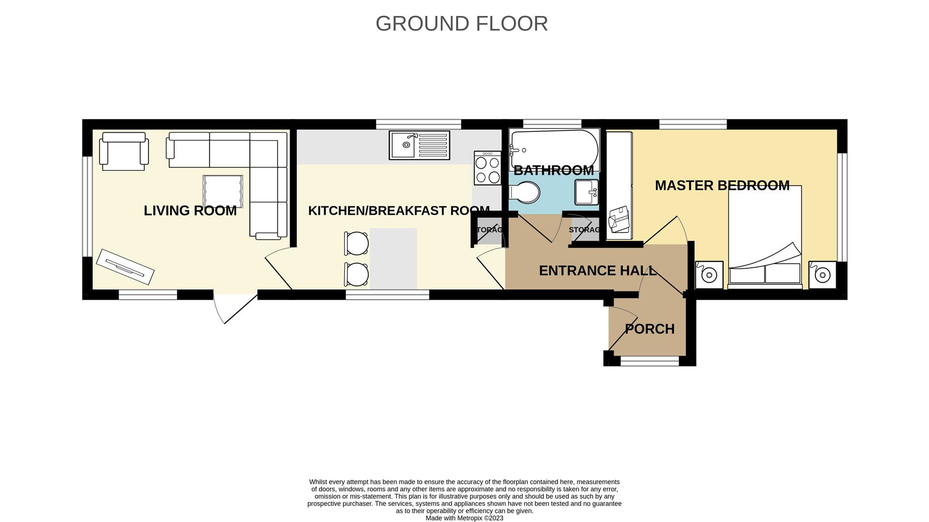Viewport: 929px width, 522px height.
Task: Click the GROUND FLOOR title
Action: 461,24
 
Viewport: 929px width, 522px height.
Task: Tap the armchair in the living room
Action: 123,151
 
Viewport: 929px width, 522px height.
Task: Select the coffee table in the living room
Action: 223,191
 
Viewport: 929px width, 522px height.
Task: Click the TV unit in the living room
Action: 125,266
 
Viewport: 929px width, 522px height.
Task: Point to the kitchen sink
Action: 419,145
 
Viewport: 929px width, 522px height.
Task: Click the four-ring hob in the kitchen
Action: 487,168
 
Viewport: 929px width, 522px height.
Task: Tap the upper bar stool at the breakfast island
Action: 357,243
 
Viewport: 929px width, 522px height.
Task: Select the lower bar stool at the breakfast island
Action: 357,274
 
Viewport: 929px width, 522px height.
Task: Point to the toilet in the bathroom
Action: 525,192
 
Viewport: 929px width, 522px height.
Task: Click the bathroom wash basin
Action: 586,192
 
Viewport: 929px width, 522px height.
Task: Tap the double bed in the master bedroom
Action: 764,237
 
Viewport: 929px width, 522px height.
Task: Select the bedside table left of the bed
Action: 709,275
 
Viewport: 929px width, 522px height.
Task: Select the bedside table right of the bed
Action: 822,275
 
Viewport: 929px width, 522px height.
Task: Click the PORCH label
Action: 649,329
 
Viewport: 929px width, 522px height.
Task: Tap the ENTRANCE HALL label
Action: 598,271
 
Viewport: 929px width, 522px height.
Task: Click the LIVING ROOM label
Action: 190,211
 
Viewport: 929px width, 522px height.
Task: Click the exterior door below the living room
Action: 236,307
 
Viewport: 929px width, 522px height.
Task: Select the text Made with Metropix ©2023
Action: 464,518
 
